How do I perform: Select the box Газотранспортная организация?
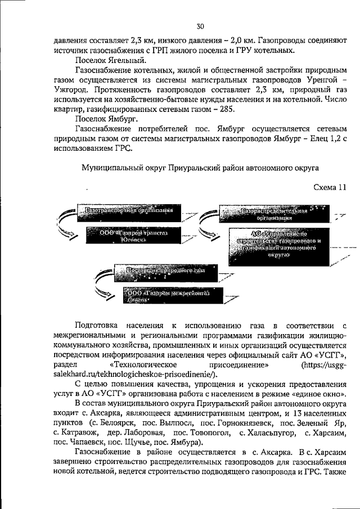click(x=128, y=212)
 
